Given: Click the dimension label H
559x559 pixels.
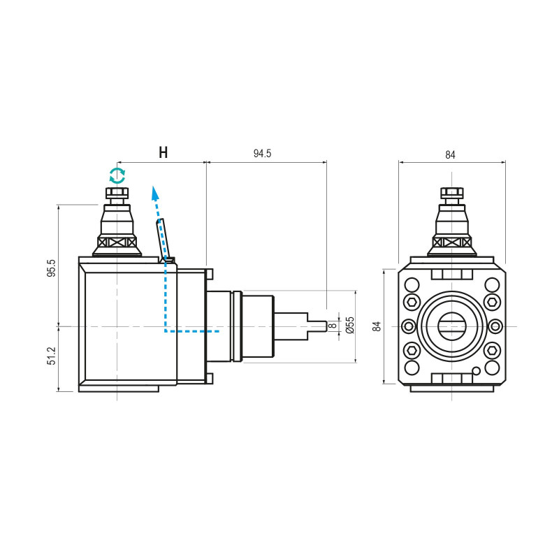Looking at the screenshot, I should [163, 152].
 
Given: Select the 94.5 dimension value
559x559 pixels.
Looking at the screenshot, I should [262, 154].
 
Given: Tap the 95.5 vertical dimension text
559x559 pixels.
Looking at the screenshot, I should [51, 268].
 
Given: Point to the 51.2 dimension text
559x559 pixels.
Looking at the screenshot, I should [51, 356].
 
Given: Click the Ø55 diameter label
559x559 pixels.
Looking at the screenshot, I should [350, 325].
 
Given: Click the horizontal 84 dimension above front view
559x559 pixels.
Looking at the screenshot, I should [451, 155].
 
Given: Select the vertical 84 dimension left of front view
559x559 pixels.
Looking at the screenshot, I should [376, 326].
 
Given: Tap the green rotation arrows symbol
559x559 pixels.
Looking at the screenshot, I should [117, 175].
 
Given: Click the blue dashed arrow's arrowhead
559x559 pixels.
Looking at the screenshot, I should [154, 191].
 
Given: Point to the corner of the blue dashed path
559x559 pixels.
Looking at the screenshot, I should [165, 331].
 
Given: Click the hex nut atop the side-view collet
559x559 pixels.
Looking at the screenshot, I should [117, 193].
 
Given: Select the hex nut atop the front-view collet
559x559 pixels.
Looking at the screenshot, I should [452, 193].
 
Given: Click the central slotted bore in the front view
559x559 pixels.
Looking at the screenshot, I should [452, 326].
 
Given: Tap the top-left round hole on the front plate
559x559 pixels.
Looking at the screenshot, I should [412, 284].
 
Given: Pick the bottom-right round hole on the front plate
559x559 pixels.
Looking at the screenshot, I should [493, 368].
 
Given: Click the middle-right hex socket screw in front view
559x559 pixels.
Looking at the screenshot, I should [494, 326].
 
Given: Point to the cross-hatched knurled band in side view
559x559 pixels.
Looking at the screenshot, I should [117, 242].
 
